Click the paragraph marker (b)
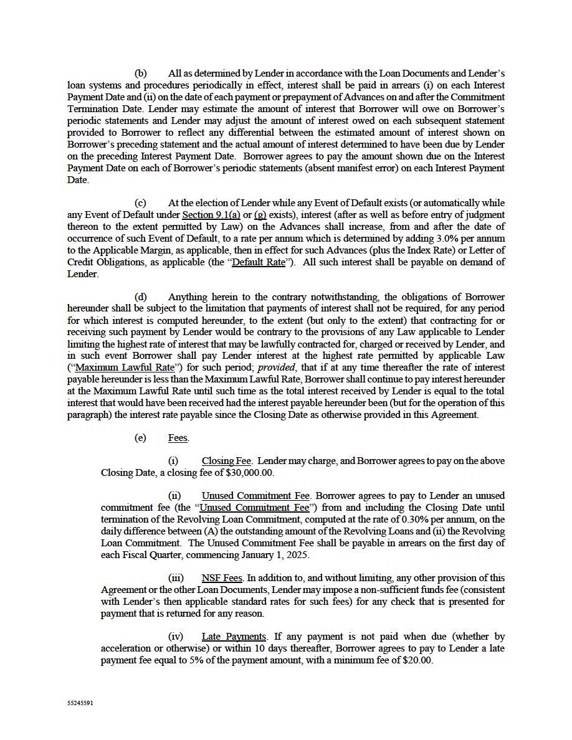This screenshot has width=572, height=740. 141,74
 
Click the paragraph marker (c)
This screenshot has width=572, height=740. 141,203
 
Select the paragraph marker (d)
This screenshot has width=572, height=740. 141,297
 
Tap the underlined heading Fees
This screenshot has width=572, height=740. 178,438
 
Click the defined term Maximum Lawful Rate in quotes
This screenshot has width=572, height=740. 124,368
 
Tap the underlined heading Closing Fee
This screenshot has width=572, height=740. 226,462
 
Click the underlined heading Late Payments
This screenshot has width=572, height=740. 234,637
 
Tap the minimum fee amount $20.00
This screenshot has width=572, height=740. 417,661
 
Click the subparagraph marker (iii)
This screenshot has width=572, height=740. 176,579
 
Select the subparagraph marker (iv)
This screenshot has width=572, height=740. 176,637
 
